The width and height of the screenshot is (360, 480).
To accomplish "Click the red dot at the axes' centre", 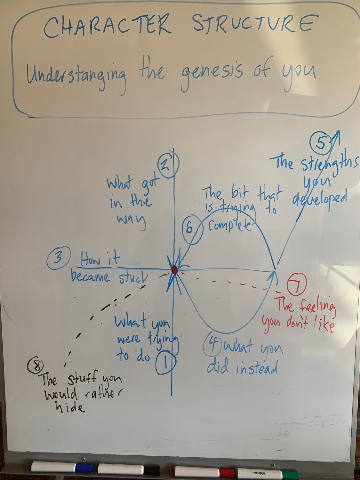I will coord(174,270).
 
